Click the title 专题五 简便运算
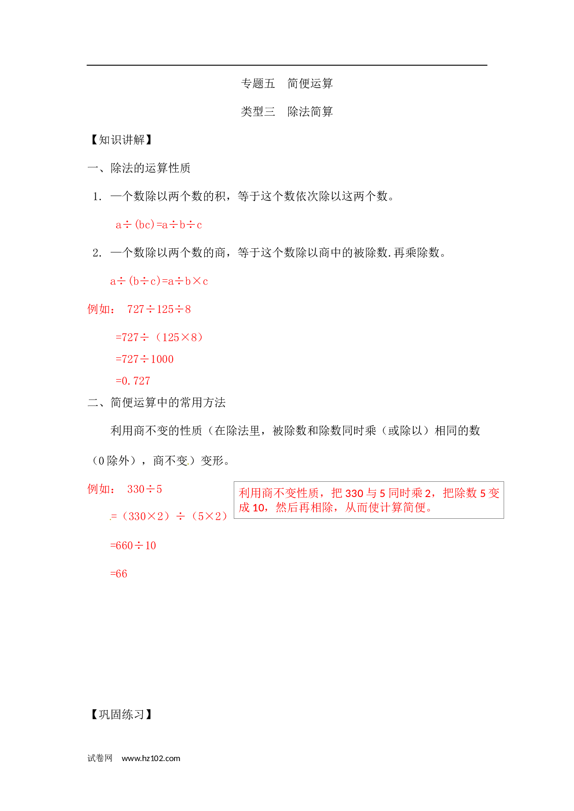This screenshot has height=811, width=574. (x=287, y=84)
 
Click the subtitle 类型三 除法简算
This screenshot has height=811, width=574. (x=287, y=112)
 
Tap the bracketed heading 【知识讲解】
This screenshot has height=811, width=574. (x=121, y=140)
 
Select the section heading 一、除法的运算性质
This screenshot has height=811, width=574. (x=139, y=168)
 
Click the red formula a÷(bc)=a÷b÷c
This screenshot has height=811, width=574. (x=159, y=225)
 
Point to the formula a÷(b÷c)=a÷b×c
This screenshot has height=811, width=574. (x=159, y=281)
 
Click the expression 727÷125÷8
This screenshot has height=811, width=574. (x=159, y=309)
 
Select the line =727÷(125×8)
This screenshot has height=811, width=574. (x=159, y=338)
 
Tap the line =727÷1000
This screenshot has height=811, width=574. (x=144, y=359)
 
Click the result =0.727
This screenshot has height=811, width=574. (x=133, y=381)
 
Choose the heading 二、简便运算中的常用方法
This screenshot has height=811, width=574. (x=156, y=403)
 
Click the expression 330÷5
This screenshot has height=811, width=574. (x=144, y=489)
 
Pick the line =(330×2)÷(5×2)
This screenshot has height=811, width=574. (x=169, y=516)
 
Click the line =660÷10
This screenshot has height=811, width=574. (x=133, y=546)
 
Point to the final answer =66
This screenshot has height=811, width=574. (x=119, y=574)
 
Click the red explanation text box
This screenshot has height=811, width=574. (x=369, y=500)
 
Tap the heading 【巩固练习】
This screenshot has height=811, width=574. (x=121, y=715)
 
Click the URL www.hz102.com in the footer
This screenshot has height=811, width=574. (x=151, y=758)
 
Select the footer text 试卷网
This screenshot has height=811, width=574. (x=100, y=758)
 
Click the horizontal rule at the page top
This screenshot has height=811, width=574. (x=287, y=65)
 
